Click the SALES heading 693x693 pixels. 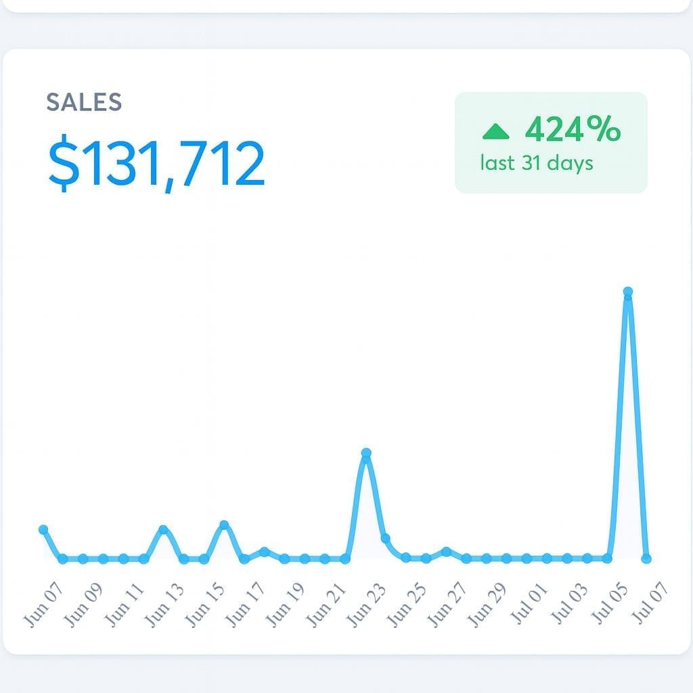pyautogui.click(x=84, y=102)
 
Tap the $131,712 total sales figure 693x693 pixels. pyautogui.click(x=156, y=164)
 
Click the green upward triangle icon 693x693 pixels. pyautogui.click(x=496, y=131)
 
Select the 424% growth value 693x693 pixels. pyautogui.click(x=573, y=129)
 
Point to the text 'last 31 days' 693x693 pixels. pyautogui.click(x=537, y=163)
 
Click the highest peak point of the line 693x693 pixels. pyautogui.click(x=628, y=292)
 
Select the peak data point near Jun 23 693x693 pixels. pyautogui.click(x=366, y=453)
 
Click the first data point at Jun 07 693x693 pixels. pyautogui.click(x=44, y=529)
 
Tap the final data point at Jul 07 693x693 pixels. pyautogui.click(x=646, y=558)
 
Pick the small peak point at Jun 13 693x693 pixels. pyautogui.click(x=163, y=529)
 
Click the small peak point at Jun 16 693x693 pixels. pyautogui.click(x=224, y=525)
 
